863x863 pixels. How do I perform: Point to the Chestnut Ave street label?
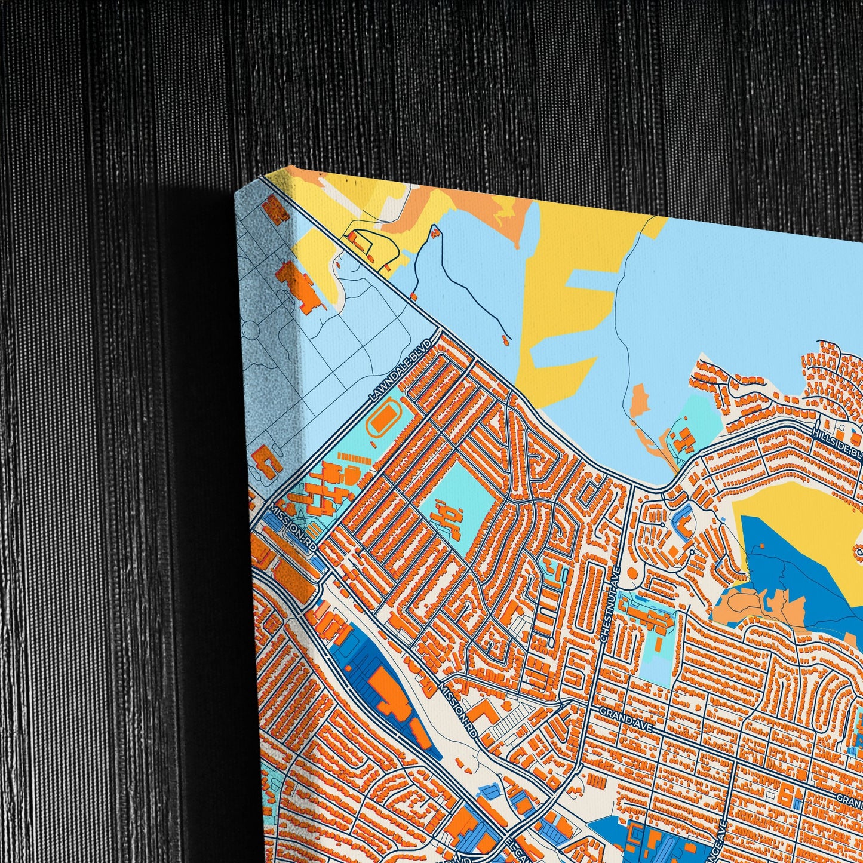tap(612, 604)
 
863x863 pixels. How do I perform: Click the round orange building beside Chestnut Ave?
tap(632, 573)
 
